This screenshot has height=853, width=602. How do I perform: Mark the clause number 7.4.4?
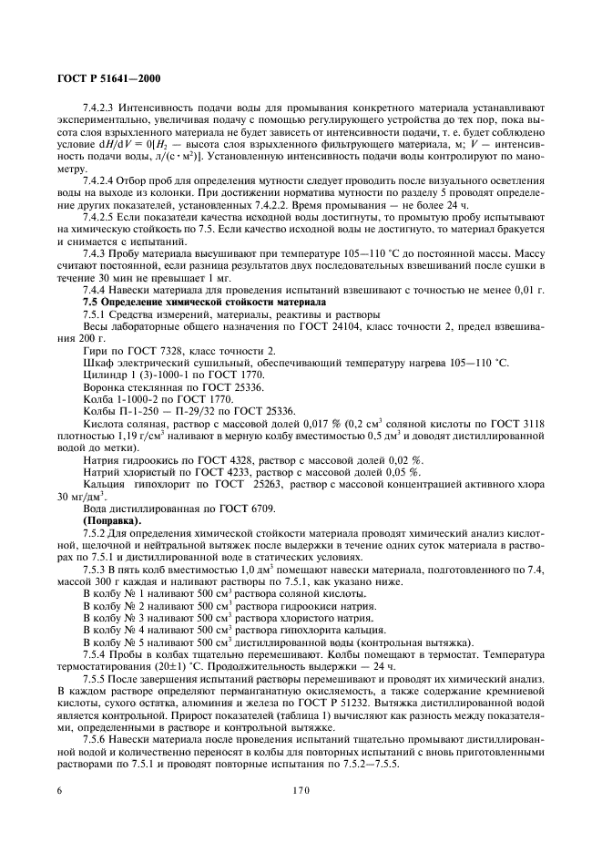97,289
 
